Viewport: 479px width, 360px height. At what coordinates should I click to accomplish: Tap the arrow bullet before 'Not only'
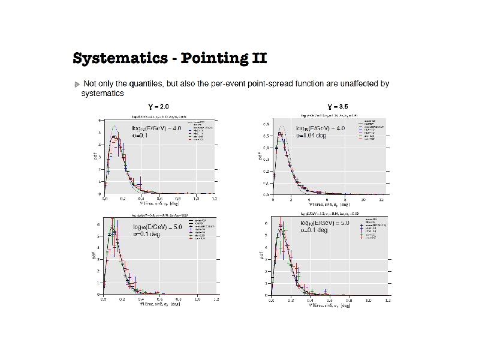tap(77, 84)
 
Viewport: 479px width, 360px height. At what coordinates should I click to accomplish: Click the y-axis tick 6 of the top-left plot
tap(99, 120)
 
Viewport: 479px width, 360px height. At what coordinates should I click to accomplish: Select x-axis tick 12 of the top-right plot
tap(381, 199)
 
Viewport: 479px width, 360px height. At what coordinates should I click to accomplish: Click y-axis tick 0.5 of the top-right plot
tap(266, 136)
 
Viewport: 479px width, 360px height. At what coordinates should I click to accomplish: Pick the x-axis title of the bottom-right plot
tap(329, 305)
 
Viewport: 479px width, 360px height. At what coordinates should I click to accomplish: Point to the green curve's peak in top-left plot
tap(115, 126)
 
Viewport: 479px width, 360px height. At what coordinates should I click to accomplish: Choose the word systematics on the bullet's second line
tap(103, 94)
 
